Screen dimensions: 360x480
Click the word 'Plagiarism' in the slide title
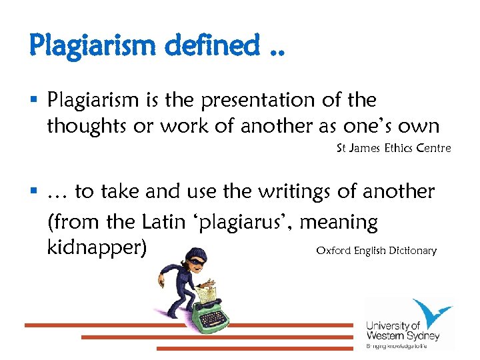click(x=92, y=45)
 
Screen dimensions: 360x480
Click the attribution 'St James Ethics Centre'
click(x=393, y=148)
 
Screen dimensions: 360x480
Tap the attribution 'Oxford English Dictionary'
click(x=376, y=251)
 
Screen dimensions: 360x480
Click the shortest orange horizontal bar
click(x=254, y=349)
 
